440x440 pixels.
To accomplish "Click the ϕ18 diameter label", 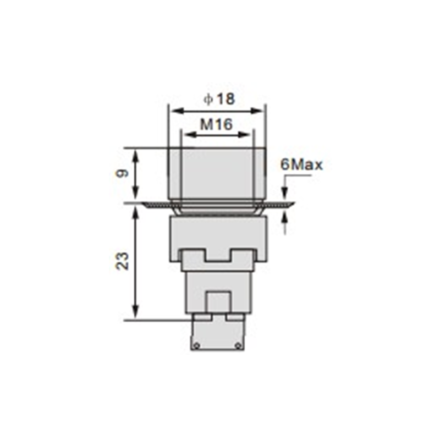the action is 219,99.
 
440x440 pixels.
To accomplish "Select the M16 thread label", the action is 216,124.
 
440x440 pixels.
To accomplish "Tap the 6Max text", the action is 301,164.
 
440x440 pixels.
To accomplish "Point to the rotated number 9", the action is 122,173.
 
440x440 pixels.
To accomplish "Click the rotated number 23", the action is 122,261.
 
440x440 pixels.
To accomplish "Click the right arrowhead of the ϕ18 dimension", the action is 257,111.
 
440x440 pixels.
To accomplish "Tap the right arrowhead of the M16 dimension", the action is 244,135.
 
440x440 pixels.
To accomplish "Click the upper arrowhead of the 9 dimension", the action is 135,155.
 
